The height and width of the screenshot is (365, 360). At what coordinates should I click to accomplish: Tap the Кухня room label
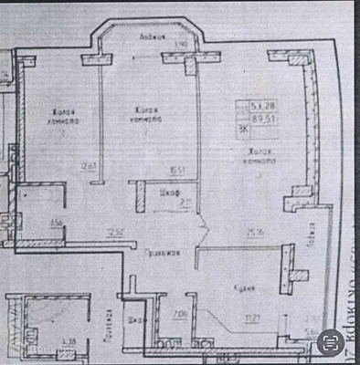[241, 288]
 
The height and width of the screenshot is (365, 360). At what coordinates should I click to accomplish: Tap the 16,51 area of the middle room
[176, 168]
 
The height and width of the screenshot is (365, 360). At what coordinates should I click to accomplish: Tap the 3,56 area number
[56, 223]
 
